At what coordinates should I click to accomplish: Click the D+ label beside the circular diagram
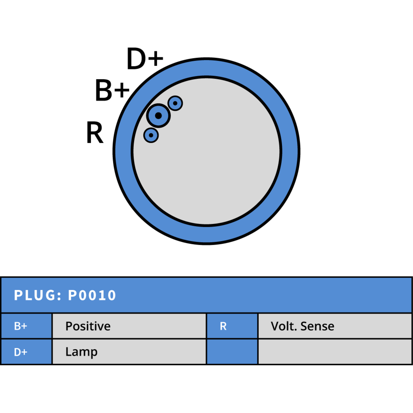click(145, 59)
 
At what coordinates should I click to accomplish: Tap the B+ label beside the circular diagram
click(112, 90)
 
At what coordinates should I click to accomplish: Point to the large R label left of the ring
click(95, 132)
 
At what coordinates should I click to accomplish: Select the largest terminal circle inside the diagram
click(158, 116)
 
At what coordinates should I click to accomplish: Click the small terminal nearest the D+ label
click(175, 103)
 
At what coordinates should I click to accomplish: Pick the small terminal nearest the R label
click(151, 135)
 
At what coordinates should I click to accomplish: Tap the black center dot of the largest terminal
click(158, 116)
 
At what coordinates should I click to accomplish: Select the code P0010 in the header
click(92, 295)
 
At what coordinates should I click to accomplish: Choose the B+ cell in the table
click(26, 326)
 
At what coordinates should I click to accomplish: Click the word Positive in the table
click(88, 326)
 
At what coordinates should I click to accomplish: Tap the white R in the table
click(223, 326)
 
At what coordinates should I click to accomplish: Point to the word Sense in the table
click(317, 326)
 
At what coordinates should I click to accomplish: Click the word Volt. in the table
click(284, 326)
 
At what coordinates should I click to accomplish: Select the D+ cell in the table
click(26, 352)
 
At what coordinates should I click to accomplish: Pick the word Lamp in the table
click(82, 352)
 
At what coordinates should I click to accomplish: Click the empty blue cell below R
click(232, 352)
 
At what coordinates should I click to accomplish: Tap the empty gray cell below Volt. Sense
click(335, 352)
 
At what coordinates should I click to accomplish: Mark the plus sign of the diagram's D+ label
click(156, 58)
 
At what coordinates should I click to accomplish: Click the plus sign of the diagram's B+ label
click(122, 90)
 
